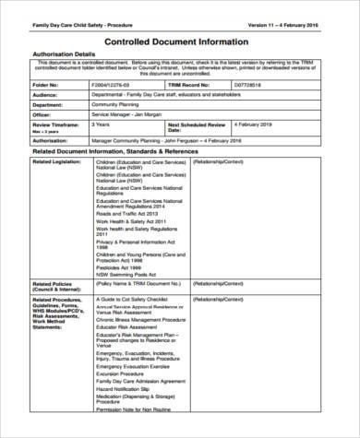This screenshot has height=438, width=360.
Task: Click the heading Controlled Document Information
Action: (180, 41)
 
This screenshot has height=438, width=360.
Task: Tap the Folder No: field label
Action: (48, 85)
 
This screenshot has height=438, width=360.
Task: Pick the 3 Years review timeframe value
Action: (102, 124)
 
